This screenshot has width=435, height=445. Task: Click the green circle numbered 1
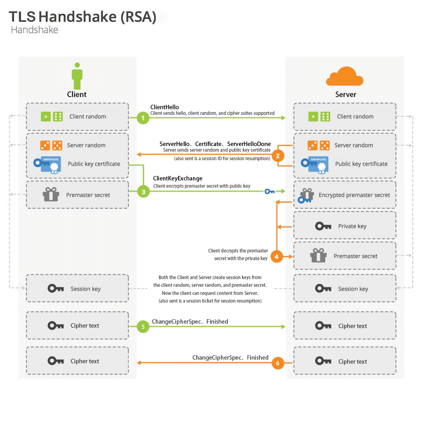pyautogui.click(x=143, y=118)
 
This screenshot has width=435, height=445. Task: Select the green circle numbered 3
pyautogui.click(x=143, y=192)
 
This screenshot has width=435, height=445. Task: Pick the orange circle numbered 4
pyautogui.click(x=277, y=256)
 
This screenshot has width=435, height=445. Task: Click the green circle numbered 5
pyautogui.click(x=143, y=326)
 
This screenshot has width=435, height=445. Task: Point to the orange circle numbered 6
pyautogui.click(x=278, y=363)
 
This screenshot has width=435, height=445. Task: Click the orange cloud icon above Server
pyautogui.click(x=345, y=77)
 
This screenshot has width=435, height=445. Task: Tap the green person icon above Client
pyautogui.click(x=77, y=76)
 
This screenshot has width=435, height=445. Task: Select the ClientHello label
pyautogui.click(x=165, y=107)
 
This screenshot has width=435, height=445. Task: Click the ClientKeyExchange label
pyautogui.click(x=178, y=178)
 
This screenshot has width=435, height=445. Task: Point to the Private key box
pyautogui.click(x=345, y=226)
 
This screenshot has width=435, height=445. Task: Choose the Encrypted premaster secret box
pyautogui.click(x=345, y=195)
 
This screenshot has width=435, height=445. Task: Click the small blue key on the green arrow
pyautogui.click(x=269, y=191)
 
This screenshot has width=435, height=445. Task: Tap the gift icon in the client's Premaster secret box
pyautogui.click(x=51, y=195)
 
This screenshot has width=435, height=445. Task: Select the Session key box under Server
pyautogui.click(x=345, y=288)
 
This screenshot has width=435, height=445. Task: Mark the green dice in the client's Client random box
pyautogui.click(x=52, y=117)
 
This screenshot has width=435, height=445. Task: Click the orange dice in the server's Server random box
pyautogui.click(x=318, y=145)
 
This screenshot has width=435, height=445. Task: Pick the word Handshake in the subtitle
pyautogui.click(x=34, y=30)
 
